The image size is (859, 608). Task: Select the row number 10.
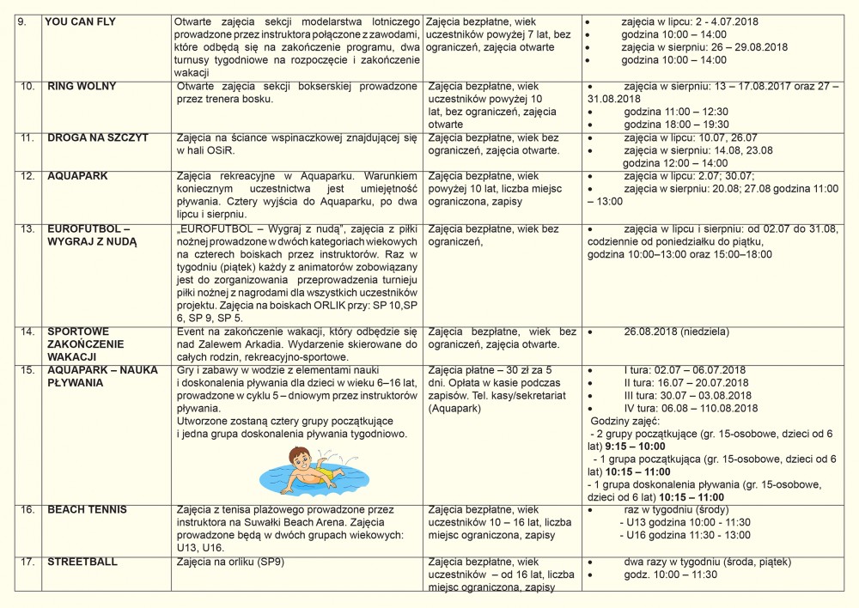coord(27,87)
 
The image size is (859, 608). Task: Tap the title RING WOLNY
coord(82,87)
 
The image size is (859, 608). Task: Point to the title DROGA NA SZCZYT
coord(97,137)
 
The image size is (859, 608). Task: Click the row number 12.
coord(27,175)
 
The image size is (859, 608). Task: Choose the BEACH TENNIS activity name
coord(87,510)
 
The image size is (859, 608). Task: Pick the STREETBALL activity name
coord(82,562)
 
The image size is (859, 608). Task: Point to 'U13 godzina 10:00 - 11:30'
coord(685,522)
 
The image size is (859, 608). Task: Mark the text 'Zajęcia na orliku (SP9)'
coord(230,562)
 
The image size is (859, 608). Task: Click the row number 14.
coord(27,331)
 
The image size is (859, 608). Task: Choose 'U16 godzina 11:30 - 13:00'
coord(685,535)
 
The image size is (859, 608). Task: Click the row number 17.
coord(27,562)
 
